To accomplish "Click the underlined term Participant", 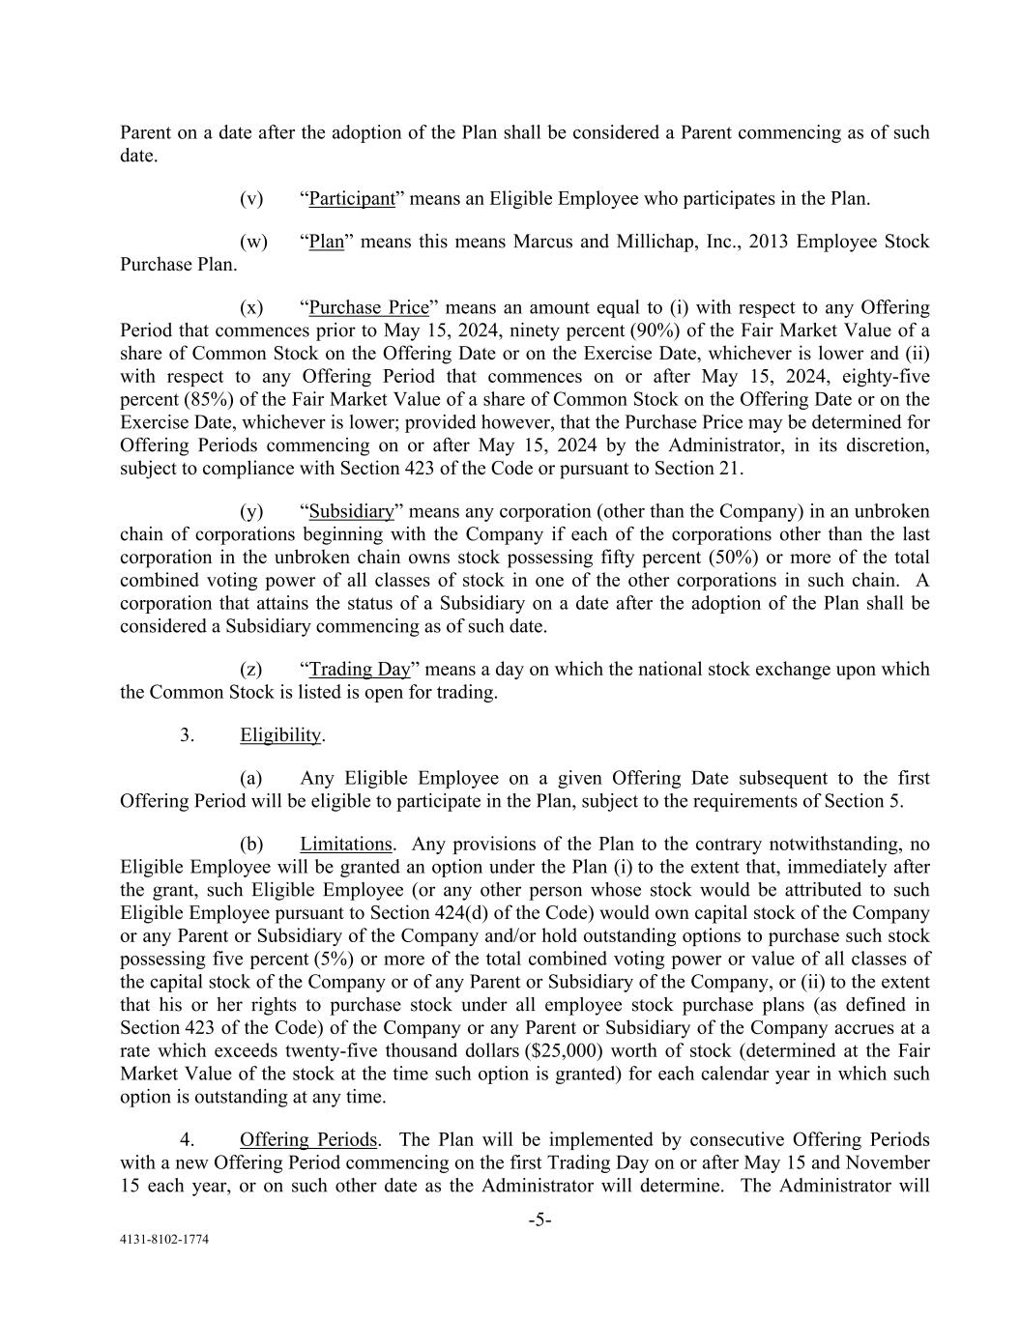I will pos(352,199).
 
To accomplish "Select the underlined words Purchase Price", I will pos(368,307).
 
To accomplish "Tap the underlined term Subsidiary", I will pos(352,511).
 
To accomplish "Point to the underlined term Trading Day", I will pos(360,669).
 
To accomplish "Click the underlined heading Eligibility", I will pos(280,735).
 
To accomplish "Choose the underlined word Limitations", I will pos(346,844).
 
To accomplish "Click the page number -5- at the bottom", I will pos(539,1220).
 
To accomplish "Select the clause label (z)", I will pos(251,669).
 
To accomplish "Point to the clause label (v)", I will pos(251,199).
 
